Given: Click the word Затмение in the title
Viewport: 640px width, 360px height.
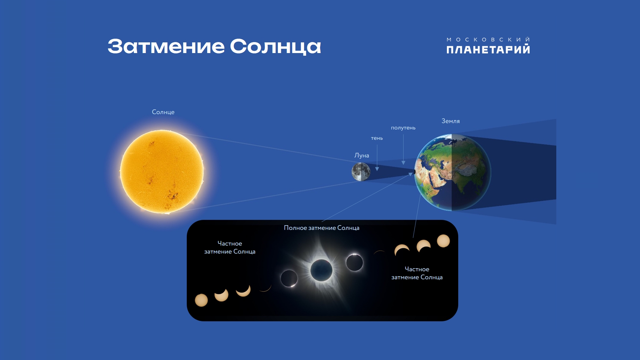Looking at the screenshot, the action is pyautogui.click(x=166, y=46).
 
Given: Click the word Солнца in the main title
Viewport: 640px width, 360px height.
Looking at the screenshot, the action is pyautogui.click(x=275, y=47).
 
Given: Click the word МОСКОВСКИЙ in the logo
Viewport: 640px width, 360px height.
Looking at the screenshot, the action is pyautogui.click(x=488, y=39).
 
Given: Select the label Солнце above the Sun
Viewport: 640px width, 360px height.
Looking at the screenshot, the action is pyautogui.click(x=163, y=112).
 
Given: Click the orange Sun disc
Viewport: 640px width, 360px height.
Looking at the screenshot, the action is pyautogui.click(x=162, y=171).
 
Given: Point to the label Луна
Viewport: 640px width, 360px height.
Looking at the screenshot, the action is pyautogui.click(x=362, y=155).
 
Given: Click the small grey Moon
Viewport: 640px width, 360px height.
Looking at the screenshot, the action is pyautogui.click(x=361, y=172).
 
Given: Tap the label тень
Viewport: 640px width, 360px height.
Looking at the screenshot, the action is pyautogui.click(x=377, y=138).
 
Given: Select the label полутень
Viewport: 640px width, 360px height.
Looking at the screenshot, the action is pyautogui.click(x=403, y=128).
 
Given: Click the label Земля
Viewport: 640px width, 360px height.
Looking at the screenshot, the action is pyautogui.click(x=451, y=121).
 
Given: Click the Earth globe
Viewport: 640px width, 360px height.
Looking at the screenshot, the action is pyautogui.click(x=453, y=172).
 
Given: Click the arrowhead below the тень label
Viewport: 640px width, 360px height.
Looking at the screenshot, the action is pyautogui.click(x=377, y=169).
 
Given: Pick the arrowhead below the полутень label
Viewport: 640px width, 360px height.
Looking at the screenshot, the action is pyautogui.click(x=403, y=163).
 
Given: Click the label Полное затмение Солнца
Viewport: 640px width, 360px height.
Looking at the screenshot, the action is pyautogui.click(x=322, y=228).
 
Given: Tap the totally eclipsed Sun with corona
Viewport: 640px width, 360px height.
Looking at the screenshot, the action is pyautogui.click(x=322, y=270).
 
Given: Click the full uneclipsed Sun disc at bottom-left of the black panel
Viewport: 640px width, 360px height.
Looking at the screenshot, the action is pyautogui.click(x=201, y=300).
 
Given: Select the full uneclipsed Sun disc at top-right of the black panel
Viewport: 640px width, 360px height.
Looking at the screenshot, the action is pyautogui.click(x=444, y=241).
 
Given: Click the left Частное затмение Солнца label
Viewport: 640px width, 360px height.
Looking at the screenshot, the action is pyautogui.click(x=230, y=248).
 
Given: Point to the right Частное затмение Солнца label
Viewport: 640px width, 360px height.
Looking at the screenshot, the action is pyautogui.click(x=417, y=273).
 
